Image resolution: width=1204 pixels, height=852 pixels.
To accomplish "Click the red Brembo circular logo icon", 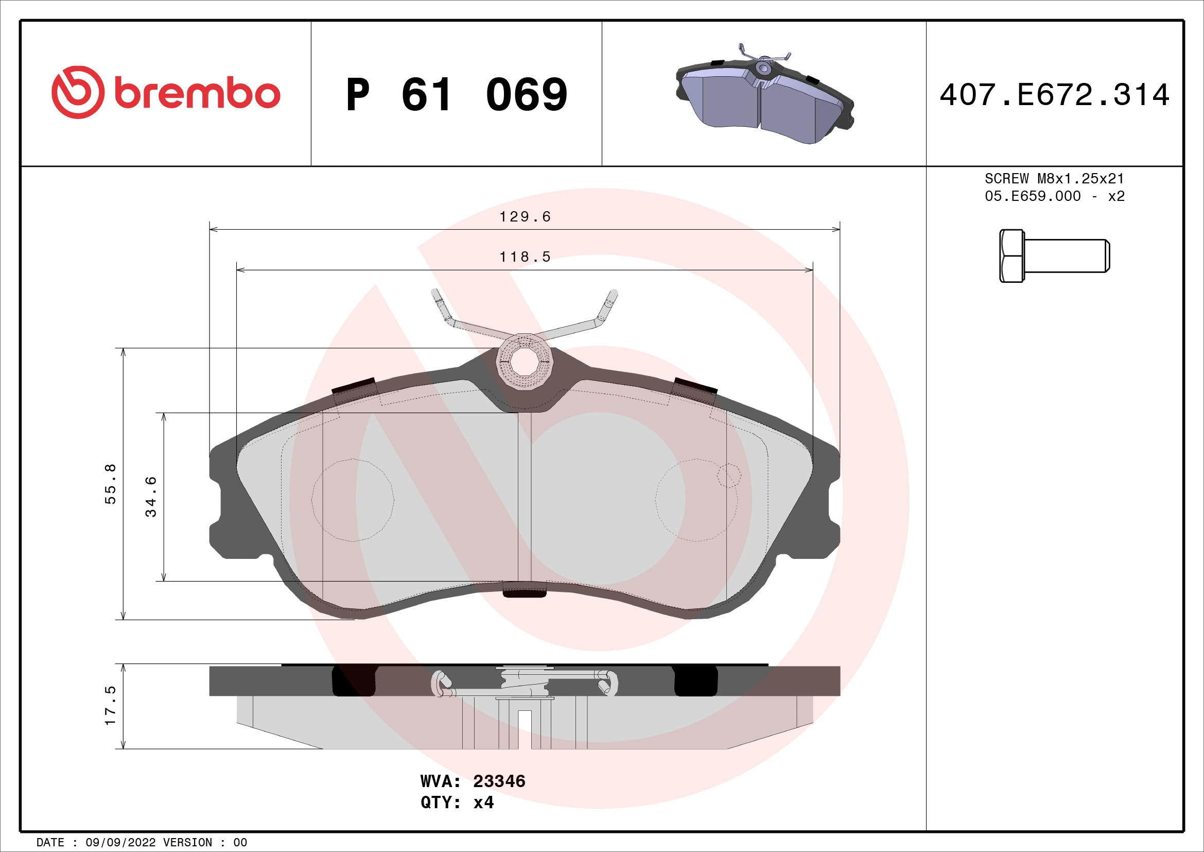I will click(77, 92).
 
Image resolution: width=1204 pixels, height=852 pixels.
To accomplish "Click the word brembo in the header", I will click(197, 94).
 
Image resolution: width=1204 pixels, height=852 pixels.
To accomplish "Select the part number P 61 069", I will click(456, 95).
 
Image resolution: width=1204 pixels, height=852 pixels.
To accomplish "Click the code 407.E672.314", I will click(1054, 95).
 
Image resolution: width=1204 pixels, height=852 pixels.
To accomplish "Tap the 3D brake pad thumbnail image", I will click(764, 95).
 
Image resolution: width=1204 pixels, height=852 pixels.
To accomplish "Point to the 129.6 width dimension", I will click(525, 217).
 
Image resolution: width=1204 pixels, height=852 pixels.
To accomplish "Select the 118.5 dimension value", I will click(525, 257).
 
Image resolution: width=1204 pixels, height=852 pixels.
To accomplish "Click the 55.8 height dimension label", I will click(111, 484).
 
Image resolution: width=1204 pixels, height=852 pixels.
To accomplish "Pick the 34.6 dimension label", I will click(151, 496).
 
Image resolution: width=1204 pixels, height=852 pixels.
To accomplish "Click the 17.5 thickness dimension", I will click(111, 706).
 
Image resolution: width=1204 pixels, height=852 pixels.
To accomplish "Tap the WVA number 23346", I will click(499, 781).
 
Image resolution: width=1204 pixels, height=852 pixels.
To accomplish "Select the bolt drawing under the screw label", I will click(1054, 256).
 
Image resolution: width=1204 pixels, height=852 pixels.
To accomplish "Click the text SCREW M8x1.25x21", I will click(1054, 178).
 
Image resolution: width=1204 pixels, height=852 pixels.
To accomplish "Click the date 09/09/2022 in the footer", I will click(120, 843).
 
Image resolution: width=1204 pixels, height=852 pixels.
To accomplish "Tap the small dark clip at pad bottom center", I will click(524, 591).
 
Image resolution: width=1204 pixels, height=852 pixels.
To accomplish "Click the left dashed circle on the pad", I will click(353, 500).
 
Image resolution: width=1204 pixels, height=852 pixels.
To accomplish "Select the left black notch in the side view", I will click(354, 681).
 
